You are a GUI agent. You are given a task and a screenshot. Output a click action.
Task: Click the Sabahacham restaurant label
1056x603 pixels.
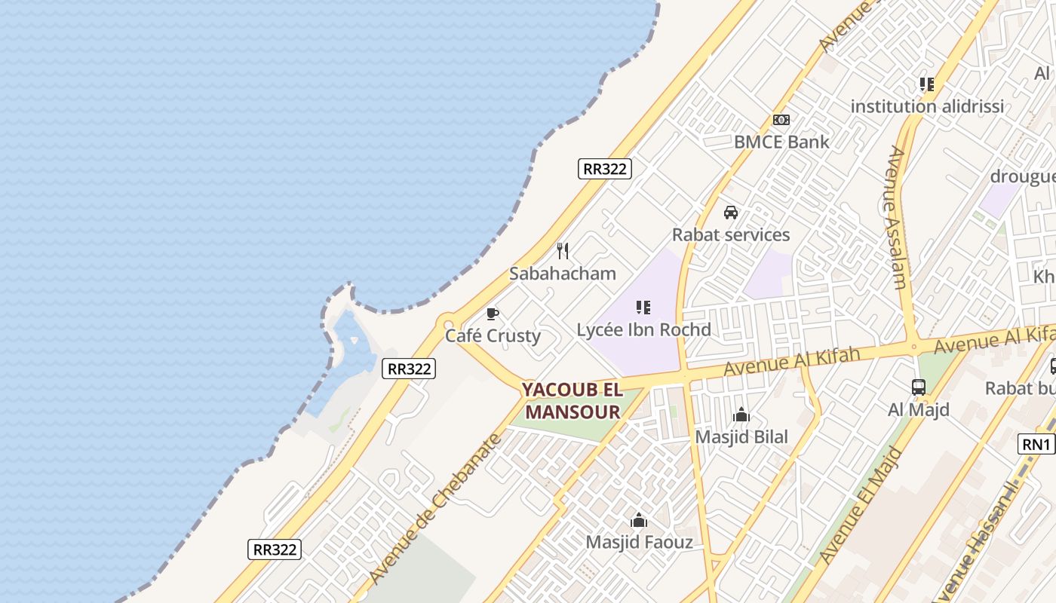click(562, 274)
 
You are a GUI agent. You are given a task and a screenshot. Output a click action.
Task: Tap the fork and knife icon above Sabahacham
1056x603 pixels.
click(563, 251)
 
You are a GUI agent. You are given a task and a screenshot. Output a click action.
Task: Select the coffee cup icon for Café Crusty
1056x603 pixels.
click(493, 314)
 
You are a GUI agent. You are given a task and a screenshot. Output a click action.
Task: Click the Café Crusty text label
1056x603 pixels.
click(493, 335)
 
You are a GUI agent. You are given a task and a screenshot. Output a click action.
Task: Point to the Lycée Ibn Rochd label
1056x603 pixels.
click(643, 329)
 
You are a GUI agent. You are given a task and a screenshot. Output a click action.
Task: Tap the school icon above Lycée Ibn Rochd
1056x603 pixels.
click(643, 308)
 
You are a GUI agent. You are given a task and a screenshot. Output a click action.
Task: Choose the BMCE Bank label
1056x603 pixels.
click(781, 142)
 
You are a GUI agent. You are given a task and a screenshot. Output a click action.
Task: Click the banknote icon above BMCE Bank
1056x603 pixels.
click(781, 120)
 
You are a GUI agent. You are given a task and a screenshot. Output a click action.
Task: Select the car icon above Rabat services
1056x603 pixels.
click(731, 213)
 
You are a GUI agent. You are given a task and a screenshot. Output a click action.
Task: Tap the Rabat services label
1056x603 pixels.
click(731, 234)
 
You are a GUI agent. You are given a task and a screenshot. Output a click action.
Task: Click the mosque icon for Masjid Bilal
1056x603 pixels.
click(741, 415)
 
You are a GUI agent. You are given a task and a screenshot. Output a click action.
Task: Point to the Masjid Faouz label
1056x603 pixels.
click(639, 542)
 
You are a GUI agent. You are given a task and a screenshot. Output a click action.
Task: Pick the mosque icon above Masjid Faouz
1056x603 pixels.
click(639, 520)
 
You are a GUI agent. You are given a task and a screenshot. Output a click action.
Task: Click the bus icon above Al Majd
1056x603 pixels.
click(918, 387)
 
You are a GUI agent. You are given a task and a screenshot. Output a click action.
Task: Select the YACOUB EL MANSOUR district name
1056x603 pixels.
click(573, 401)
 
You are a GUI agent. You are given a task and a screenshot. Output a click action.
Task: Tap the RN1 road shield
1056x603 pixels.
click(1036, 445)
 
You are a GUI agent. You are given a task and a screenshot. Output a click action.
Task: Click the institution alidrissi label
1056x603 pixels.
click(927, 106)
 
